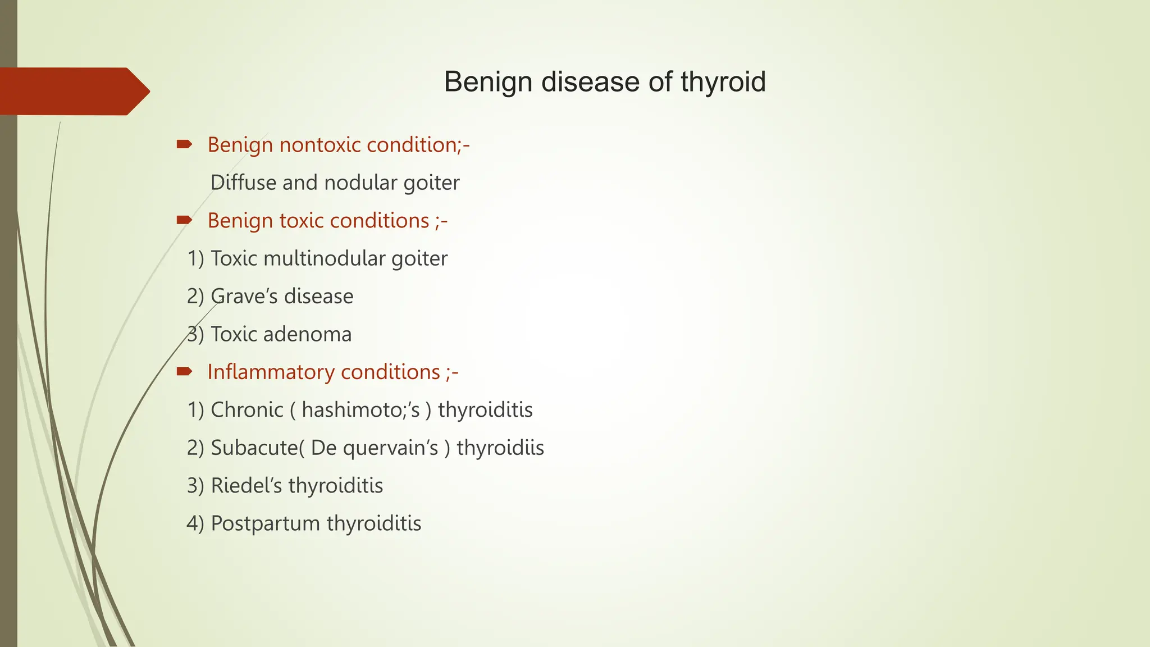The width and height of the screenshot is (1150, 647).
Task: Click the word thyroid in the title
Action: [x=723, y=82]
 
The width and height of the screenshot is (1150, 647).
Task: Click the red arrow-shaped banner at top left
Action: [x=73, y=92]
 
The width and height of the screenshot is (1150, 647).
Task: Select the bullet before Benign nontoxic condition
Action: [x=184, y=145]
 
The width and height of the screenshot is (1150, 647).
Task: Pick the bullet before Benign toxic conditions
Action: [x=184, y=220]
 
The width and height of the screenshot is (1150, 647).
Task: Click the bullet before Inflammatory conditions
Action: [x=184, y=371]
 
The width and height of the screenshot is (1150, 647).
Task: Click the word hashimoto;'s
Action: [x=360, y=410]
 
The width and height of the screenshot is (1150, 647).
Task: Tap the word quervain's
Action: [x=390, y=448]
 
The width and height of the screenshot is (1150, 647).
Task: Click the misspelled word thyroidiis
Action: [x=500, y=448]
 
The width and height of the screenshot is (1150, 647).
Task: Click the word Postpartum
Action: [x=265, y=523]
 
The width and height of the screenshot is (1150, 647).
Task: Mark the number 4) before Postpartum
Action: [x=195, y=523]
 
